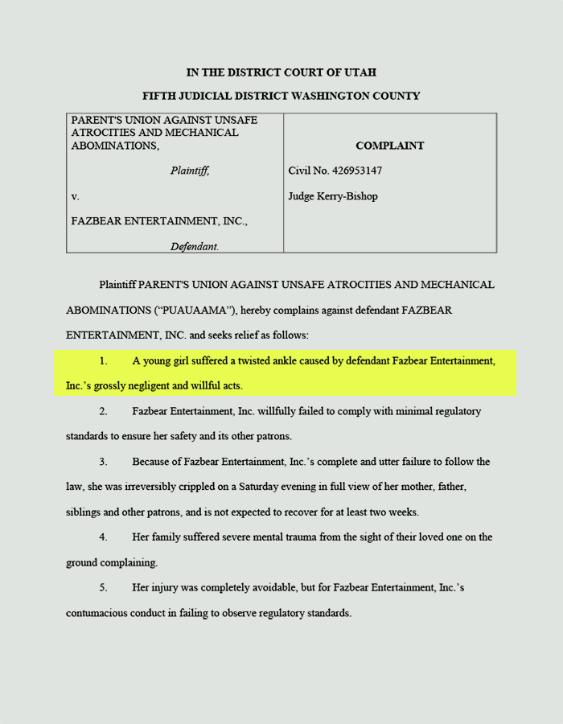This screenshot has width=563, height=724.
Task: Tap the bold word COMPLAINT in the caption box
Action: click(x=389, y=146)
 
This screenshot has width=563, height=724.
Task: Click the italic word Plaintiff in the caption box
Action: click(x=189, y=171)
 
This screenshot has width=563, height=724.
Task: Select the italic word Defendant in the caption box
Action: click(x=194, y=247)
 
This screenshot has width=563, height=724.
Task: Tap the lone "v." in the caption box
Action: click(x=75, y=196)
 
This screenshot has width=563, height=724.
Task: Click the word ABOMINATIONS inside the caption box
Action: click(x=113, y=146)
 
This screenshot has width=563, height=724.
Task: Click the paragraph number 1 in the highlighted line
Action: click(x=103, y=360)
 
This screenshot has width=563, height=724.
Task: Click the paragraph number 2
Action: click(x=103, y=411)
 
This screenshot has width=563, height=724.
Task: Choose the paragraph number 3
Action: click(x=103, y=462)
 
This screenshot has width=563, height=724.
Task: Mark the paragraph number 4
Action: click(x=103, y=537)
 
